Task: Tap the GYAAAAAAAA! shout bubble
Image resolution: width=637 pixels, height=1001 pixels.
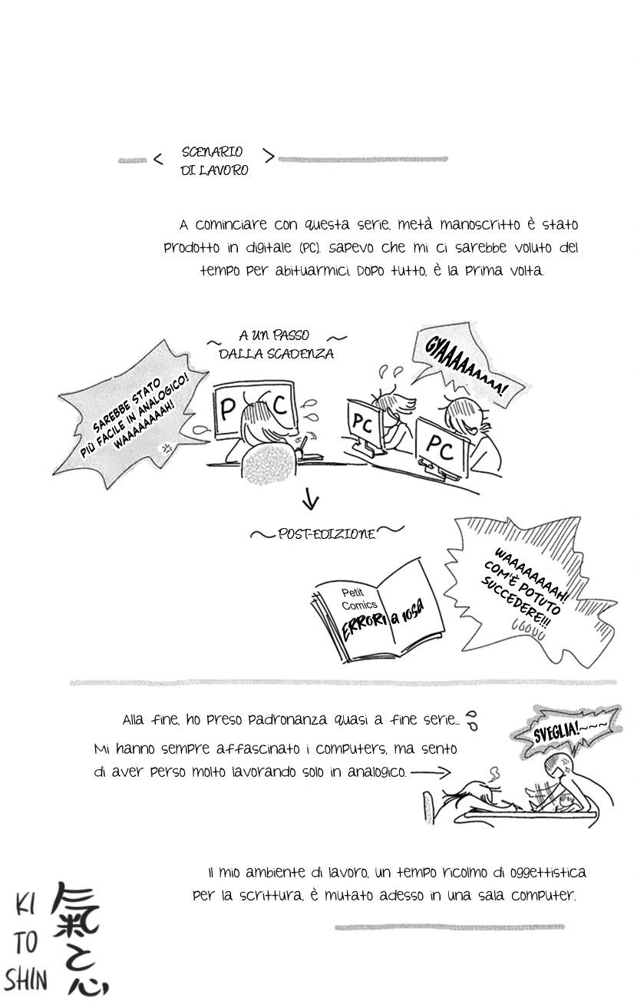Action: pos(465,369)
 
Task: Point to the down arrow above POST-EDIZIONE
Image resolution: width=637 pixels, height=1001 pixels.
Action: pos(311,500)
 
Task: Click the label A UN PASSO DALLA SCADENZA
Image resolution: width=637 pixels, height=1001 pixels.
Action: pos(276,345)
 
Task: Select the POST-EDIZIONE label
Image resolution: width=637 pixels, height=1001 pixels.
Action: pos(326,534)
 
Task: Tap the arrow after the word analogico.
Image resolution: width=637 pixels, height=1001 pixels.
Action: pos(431,772)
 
